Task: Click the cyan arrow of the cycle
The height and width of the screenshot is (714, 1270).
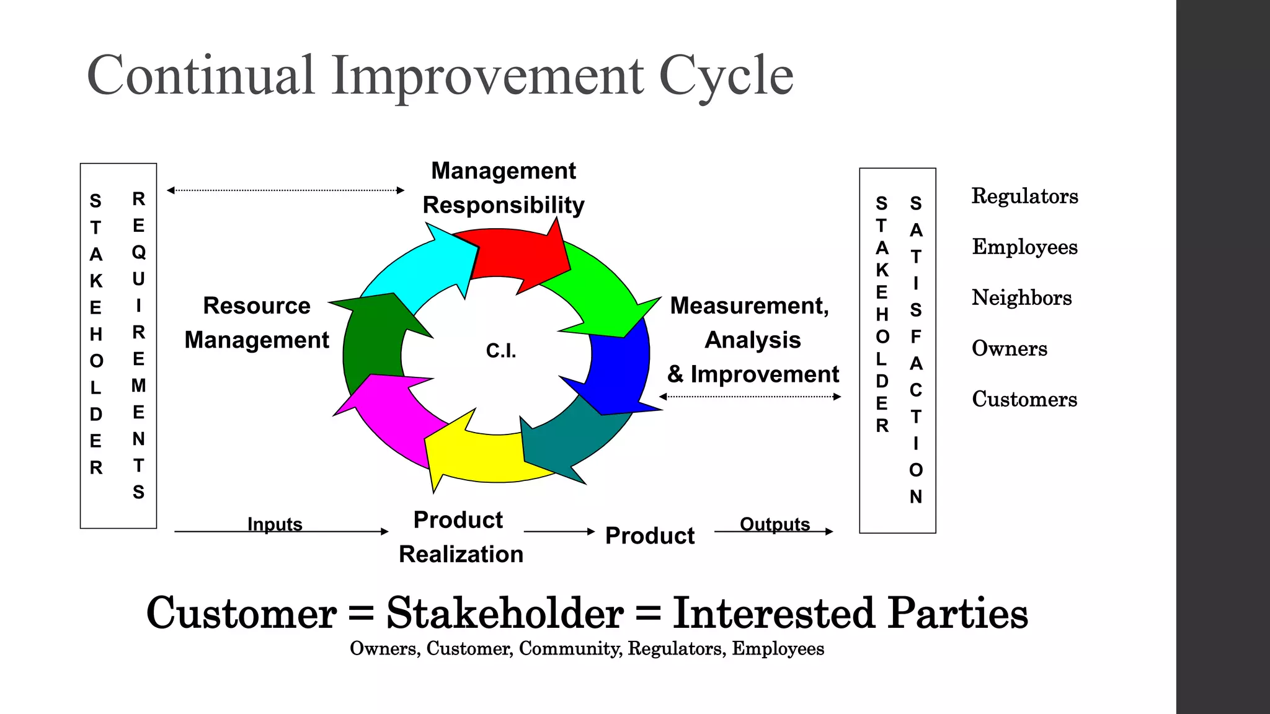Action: (422, 267)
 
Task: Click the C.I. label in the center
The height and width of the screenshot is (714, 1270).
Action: (501, 351)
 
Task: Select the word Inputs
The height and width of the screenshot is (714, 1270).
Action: (275, 524)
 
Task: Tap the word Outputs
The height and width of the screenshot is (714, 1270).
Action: (775, 524)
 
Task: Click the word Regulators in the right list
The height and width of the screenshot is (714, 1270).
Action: (1024, 196)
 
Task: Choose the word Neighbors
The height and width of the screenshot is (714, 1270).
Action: (1021, 297)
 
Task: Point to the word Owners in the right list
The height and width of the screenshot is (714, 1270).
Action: (1009, 348)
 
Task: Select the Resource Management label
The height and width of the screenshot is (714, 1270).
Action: (257, 323)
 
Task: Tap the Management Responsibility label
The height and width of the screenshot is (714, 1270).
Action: (504, 188)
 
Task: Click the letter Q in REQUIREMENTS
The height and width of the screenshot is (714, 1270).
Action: (138, 252)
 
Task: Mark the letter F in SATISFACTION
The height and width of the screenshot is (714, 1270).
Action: (915, 337)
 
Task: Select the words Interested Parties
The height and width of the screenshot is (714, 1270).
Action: (850, 614)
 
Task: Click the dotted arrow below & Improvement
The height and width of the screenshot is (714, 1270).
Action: (750, 397)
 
